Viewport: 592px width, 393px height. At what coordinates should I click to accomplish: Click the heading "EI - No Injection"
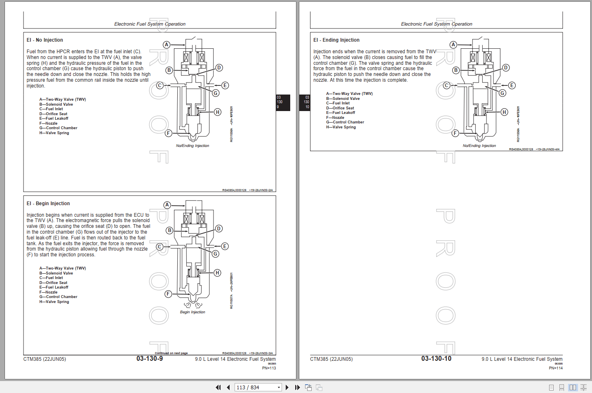[x=45, y=40]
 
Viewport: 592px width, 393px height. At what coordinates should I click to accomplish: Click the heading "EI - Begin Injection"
[x=48, y=204]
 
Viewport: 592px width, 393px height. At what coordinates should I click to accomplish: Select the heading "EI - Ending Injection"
[x=336, y=40]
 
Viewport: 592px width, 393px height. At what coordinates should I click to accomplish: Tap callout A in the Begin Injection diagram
[x=167, y=205]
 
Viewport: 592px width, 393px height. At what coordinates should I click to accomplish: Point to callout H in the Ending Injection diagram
[x=504, y=112]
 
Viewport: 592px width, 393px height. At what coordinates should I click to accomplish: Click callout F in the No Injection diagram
[x=168, y=133]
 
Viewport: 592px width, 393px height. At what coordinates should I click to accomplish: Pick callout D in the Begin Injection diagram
[x=219, y=228]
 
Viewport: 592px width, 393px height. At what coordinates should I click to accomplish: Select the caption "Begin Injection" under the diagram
[x=192, y=312]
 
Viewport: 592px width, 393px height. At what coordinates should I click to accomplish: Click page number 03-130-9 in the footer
[x=150, y=359]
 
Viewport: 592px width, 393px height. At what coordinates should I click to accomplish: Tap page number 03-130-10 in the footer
[x=436, y=359]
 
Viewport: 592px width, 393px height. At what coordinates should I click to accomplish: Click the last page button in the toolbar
[x=297, y=387]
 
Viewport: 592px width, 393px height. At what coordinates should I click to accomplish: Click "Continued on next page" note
[x=171, y=353]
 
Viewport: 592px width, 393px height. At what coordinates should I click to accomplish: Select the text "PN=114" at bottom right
[x=555, y=368]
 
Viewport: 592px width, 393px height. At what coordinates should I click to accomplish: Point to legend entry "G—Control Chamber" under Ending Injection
[x=345, y=122]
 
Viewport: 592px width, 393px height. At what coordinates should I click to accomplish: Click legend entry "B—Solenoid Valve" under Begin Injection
[x=56, y=273]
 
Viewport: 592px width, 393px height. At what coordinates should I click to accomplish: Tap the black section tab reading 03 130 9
[x=283, y=102]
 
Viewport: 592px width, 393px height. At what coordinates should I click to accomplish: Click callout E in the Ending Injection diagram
[x=512, y=85]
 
